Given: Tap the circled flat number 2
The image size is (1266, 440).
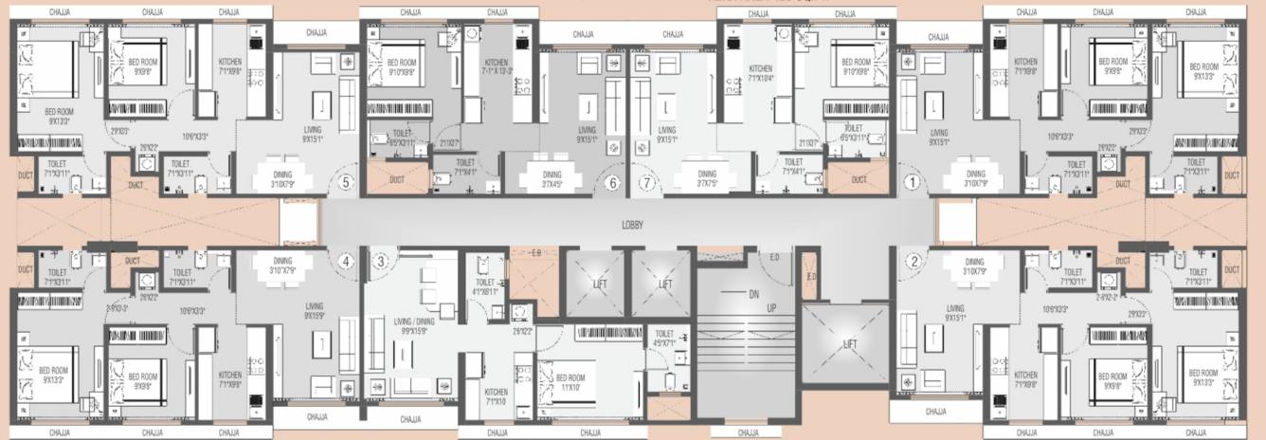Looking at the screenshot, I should coord(913,262).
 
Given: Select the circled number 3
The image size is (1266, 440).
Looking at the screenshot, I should coord(381,262).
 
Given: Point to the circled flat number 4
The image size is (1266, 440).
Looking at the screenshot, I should coord(346,262).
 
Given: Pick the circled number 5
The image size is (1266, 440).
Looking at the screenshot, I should coord(346,183).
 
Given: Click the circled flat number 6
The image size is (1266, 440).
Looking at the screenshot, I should coord(612,183).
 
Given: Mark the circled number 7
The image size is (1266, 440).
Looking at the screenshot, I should coord(648,183).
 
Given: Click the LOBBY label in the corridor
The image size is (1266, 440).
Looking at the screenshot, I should coord(632,226).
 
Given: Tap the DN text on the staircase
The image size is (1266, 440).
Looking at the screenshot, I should coord(753,295).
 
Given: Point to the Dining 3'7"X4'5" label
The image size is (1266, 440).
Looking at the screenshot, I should coord(552,178).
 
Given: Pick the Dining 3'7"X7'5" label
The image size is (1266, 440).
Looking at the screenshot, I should coord(706,178).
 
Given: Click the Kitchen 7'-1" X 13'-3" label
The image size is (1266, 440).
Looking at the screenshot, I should coord(497,67).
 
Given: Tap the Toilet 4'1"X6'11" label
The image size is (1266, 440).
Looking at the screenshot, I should coord(485,286).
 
